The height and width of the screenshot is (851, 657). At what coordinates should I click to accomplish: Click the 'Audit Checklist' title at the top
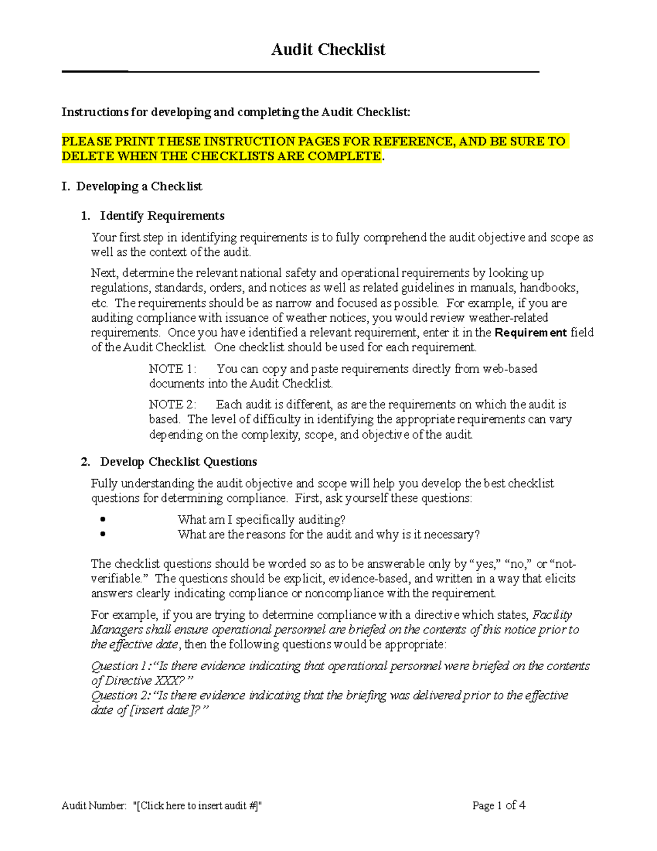(x=328, y=50)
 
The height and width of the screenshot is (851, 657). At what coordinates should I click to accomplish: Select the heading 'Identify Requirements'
(x=162, y=216)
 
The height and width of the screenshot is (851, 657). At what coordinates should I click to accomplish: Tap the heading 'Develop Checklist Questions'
(x=178, y=462)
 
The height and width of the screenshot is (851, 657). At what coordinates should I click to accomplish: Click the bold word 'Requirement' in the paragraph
(x=531, y=333)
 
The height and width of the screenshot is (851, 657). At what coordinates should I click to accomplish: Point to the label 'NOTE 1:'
(x=172, y=369)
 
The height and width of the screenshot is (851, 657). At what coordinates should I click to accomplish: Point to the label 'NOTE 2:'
(x=172, y=404)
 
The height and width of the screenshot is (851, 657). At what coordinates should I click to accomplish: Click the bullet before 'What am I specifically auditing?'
(x=103, y=519)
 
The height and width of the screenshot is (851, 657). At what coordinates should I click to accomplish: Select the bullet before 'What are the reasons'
(x=103, y=534)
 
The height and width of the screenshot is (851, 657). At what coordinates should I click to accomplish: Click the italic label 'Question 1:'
(x=121, y=666)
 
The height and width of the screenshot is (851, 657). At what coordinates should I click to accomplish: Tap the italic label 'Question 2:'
(x=121, y=695)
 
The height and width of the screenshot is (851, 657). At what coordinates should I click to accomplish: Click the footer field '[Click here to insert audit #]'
(x=198, y=806)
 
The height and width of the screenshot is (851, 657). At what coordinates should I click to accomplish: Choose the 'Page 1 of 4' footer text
(x=499, y=806)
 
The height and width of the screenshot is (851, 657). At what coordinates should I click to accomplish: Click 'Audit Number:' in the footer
(x=94, y=806)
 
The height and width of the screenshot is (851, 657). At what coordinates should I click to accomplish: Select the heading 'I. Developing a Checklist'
(x=132, y=187)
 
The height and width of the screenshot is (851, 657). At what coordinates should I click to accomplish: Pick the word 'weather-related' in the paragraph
(x=509, y=318)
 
